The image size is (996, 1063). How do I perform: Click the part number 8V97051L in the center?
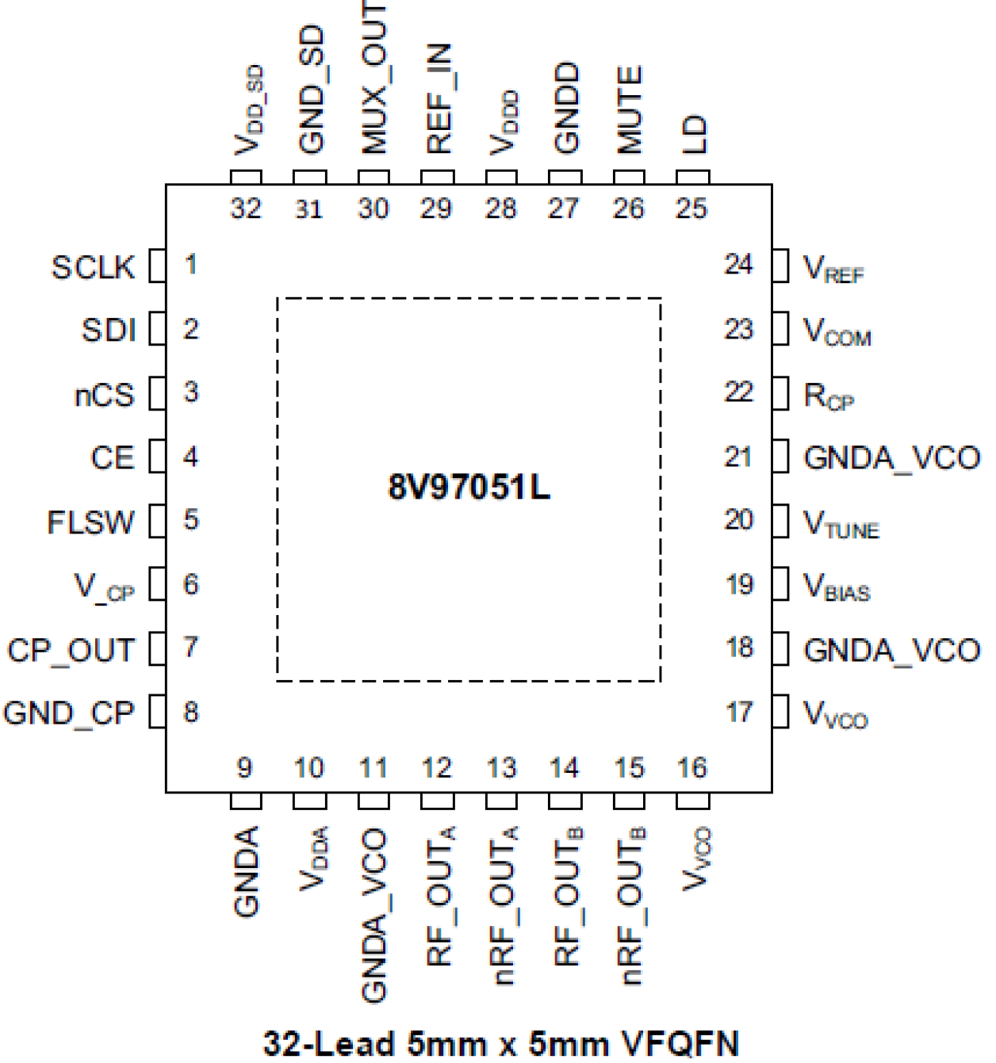[x=469, y=487]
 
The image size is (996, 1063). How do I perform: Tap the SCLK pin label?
[x=93, y=267]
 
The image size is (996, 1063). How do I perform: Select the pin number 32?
[x=246, y=208]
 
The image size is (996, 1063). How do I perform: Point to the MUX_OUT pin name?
[x=373, y=77]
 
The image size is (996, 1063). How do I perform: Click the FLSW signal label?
[x=90, y=522]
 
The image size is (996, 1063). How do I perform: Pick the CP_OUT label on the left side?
[x=71, y=650]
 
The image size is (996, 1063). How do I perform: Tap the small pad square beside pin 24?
[x=780, y=266]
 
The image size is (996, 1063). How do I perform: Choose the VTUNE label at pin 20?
[x=841, y=524]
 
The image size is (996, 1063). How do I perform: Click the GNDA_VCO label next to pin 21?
[x=891, y=458]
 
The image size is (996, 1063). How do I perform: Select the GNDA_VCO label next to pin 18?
[x=891, y=650]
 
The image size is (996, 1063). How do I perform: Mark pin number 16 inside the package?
[x=691, y=767]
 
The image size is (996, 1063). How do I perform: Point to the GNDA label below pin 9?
[x=247, y=871]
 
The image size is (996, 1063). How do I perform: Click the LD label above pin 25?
[x=692, y=134]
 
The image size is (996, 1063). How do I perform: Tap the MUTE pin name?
[x=629, y=109]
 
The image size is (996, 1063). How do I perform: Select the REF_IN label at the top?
[x=439, y=98]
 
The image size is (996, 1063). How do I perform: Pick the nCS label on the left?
[x=104, y=395]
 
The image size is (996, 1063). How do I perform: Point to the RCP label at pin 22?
[x=829, y=396]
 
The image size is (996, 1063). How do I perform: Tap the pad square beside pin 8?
[x=157, y=712]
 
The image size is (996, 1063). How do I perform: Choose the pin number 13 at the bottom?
[x=501, y=767]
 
